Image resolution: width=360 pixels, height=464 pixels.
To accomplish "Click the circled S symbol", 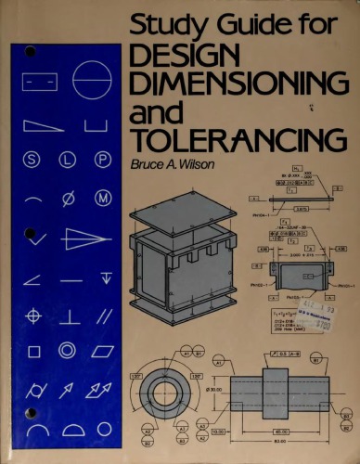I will [34, 159].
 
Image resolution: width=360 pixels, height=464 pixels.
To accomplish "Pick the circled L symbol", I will [68, 159].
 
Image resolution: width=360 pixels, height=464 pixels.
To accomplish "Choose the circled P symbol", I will [102, 159].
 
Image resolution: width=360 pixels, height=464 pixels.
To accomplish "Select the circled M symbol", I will [102, 197].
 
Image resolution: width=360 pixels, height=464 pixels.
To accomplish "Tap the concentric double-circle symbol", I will [68, 350].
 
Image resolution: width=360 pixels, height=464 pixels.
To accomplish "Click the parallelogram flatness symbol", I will [102, 351].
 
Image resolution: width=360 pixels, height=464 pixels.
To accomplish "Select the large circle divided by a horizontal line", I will [91, 81].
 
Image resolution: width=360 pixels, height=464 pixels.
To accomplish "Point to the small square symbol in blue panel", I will [34, 351].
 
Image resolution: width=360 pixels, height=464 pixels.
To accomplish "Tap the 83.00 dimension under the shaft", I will [279, 443].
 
